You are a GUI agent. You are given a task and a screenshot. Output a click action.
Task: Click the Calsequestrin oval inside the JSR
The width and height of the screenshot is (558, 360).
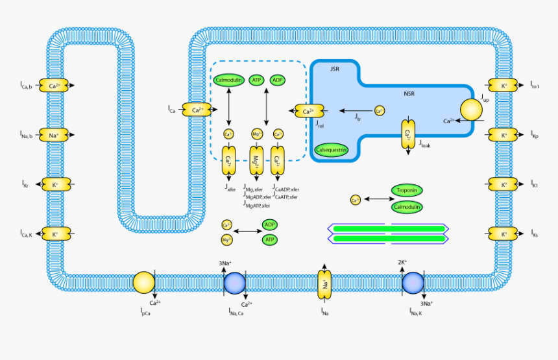click(332, 149)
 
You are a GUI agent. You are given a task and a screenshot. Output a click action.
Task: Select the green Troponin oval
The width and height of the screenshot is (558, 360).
click(407, 191)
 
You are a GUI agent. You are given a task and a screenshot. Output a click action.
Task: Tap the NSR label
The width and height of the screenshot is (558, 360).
click(409, 94)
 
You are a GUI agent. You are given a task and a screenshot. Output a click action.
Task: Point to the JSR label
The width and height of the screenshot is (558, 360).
click(335, 69)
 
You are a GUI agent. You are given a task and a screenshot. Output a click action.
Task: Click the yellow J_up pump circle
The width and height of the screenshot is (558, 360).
click(472, 110)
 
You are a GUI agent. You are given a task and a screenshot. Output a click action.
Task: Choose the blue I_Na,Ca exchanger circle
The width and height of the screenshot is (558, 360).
click(234, 283)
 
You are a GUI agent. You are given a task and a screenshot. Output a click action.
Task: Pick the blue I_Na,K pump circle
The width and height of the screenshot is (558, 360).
click(413, 283)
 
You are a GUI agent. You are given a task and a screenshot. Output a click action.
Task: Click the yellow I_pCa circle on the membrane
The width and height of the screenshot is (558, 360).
click(143, 283)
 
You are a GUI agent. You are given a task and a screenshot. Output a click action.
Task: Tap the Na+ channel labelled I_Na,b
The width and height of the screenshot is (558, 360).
click(55, 135)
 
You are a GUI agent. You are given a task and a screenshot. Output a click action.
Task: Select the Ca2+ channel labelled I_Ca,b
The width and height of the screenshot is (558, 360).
click(55, 86)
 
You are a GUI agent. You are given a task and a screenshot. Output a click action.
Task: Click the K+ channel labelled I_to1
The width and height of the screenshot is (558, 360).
click(503, 86)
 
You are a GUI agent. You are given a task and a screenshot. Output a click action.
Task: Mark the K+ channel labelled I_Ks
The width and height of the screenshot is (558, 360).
click(503, 234)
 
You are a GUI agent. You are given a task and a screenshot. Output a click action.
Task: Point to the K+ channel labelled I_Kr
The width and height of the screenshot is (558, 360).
click(55, 185)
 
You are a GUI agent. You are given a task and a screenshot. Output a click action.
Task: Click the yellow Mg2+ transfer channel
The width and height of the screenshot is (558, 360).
click(257, 161)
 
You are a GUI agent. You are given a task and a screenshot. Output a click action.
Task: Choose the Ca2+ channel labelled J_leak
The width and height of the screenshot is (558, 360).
click(407, 135)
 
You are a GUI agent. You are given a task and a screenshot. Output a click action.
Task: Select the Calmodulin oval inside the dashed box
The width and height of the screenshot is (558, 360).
click(228, 80)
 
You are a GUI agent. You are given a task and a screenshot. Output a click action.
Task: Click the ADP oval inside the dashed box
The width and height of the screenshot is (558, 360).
click(278, 80)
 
